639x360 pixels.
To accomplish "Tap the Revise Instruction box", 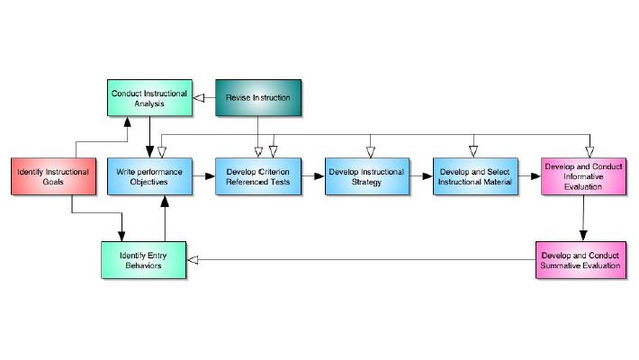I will click(x=259, y=97).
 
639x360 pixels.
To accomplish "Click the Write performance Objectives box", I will click(x=149, y=175).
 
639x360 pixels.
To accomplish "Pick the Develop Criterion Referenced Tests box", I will click(x=259, y=175).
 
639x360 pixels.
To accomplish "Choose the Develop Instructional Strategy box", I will click(x=367, y=175).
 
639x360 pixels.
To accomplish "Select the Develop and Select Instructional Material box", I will click(x=474, y=175).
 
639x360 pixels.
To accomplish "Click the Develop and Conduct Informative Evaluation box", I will click(x=583, y=175).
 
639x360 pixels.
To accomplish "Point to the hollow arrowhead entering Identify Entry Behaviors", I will click(x=192, y=260).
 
